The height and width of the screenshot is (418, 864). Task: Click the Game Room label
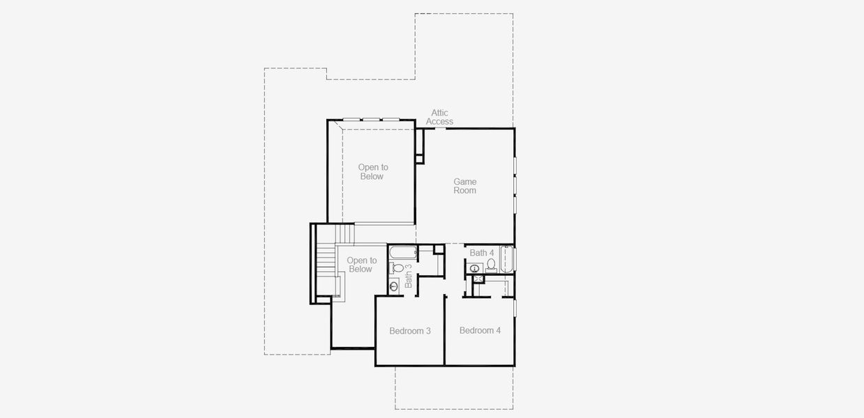coord(464,186)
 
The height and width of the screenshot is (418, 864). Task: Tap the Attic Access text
coord(439,117)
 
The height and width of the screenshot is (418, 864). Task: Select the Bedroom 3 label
coord(409,331)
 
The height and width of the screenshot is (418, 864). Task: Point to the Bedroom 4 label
coord(480,330)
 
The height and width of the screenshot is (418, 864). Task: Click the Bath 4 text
coord(481,253)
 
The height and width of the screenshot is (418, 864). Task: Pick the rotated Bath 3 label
coord(409,276)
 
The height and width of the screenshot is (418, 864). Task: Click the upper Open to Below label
coord(372,172)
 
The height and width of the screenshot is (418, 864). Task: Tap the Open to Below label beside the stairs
coord(361,265)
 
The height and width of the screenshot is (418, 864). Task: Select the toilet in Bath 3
coord(397,268)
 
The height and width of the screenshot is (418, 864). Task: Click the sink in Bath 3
coord(394,285)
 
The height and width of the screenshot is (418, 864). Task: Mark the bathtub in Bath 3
coord(402,252)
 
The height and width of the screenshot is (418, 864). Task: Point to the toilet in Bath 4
coord(491,265)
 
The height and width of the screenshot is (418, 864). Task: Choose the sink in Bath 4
coord(475,268)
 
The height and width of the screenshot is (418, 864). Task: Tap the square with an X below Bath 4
coord(478,279)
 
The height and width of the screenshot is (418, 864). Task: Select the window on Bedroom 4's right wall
coord(515,307)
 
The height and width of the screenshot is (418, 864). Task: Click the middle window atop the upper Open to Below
coord(370,120)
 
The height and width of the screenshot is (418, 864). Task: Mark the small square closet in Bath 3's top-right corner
coord(439,249)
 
